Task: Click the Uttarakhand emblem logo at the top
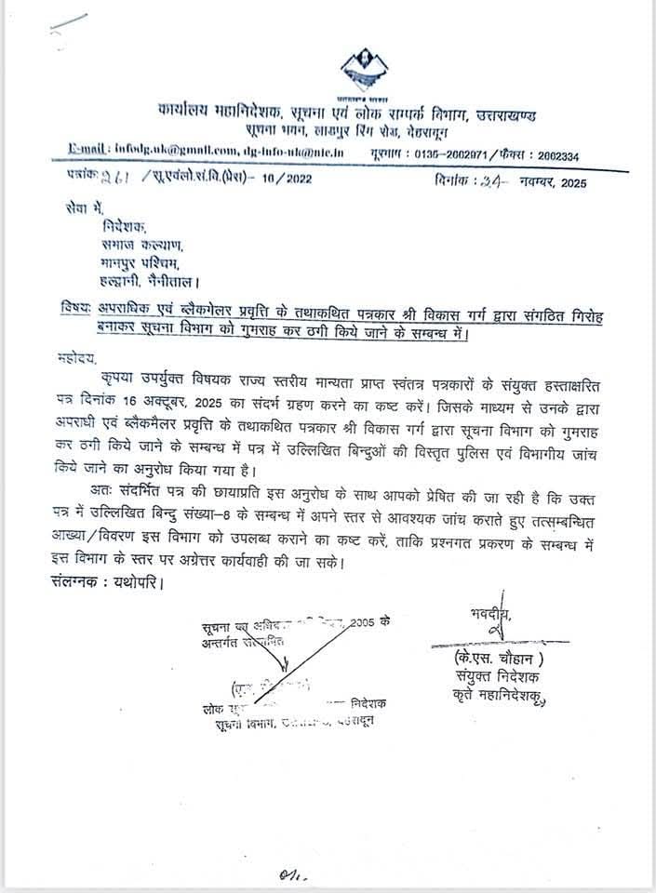pos(366,67)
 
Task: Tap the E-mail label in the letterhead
pos(91,148)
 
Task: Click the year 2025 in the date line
pos(570,182)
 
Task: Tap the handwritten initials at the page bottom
pos(290,874)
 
